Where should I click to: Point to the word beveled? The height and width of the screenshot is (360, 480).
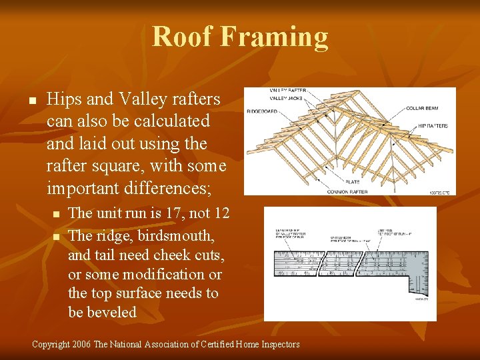(x=102, y=312)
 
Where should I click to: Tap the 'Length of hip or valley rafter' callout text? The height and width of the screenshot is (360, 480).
(x=292, y=235)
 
